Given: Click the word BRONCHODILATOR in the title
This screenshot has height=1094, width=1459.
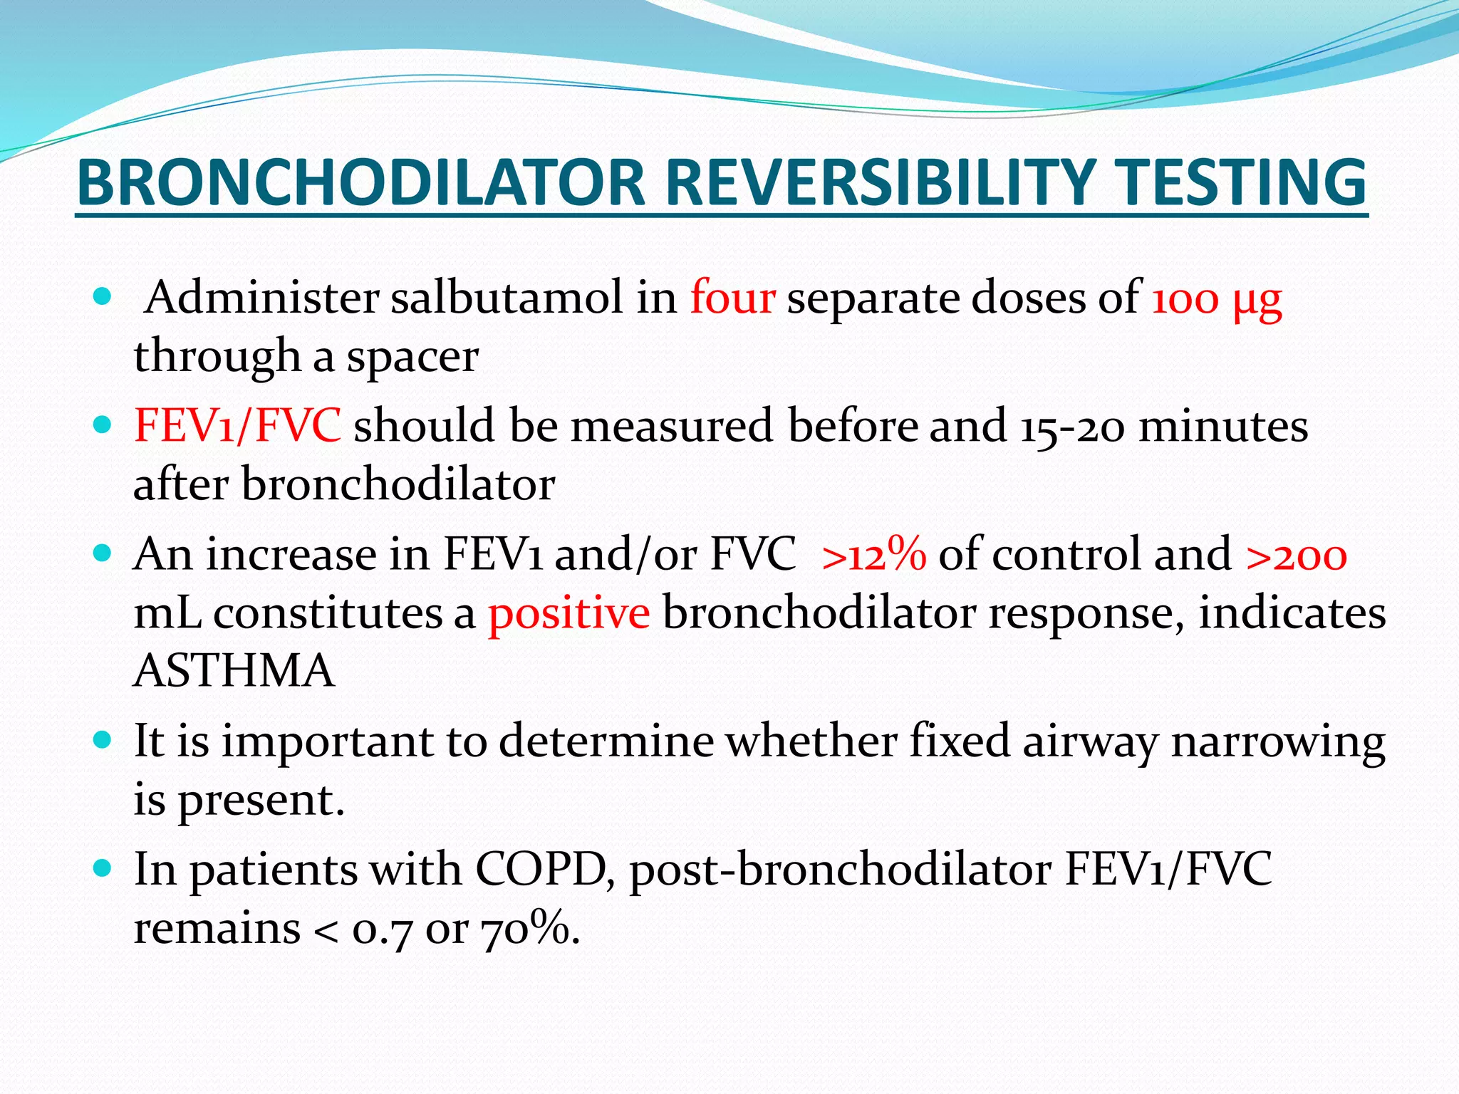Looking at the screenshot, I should (360, 183).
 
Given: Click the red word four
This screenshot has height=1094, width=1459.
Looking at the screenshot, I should (732, 298).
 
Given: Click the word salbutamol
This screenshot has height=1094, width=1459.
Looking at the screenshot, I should (507, 298).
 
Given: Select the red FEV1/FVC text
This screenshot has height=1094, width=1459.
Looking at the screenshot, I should (237, 426).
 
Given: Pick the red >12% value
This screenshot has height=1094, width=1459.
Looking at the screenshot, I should (873, 554).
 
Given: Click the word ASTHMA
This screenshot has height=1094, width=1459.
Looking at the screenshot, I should (234, 671).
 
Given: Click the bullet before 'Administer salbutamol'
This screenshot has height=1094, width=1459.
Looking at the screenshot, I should (103, 296).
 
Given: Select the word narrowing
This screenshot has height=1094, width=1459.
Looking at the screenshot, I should (1278, 741).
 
